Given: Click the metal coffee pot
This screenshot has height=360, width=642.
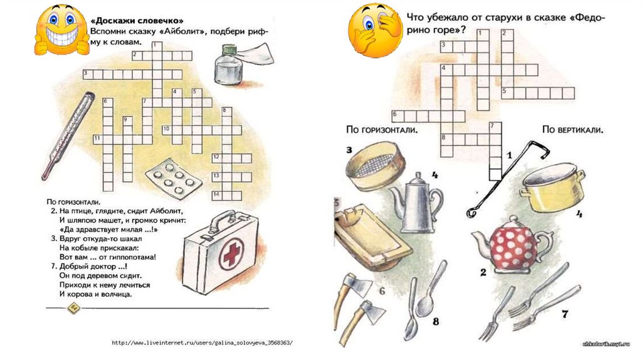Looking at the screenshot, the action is (x=410, y=202).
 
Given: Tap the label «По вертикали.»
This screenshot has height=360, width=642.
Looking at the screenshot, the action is (x=572, y=130).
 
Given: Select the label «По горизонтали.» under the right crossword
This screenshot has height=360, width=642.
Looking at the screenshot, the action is (x=381, y=130).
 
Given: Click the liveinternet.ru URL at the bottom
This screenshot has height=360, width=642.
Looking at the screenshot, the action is (x=201, y=343).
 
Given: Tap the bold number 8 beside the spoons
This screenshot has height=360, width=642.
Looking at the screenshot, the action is (x=436, y=322).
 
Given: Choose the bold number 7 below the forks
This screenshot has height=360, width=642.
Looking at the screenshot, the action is (x=564, y=314).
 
